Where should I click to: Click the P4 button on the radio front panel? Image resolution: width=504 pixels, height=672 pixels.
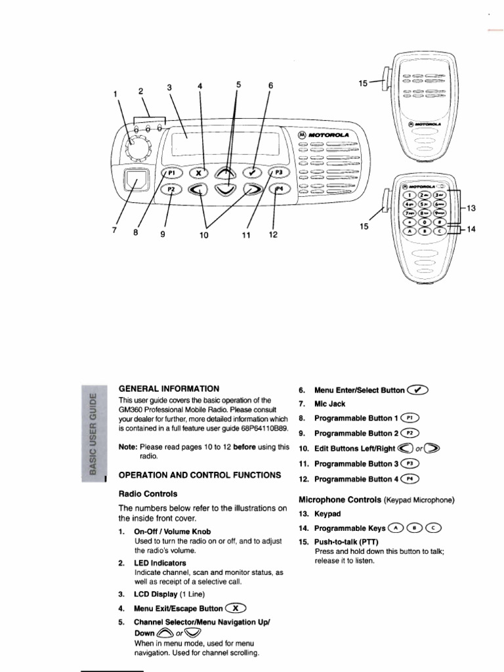(278, 189)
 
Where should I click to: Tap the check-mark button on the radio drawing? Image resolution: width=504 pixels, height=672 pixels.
(252, 172)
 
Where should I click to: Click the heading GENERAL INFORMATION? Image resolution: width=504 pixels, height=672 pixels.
(169, 388)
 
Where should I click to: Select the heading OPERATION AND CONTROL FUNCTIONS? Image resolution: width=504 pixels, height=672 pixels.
(199, 474)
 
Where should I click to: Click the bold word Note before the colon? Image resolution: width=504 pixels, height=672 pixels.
(127, 447)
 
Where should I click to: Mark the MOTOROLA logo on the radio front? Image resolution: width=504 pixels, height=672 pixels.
(325, 135)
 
